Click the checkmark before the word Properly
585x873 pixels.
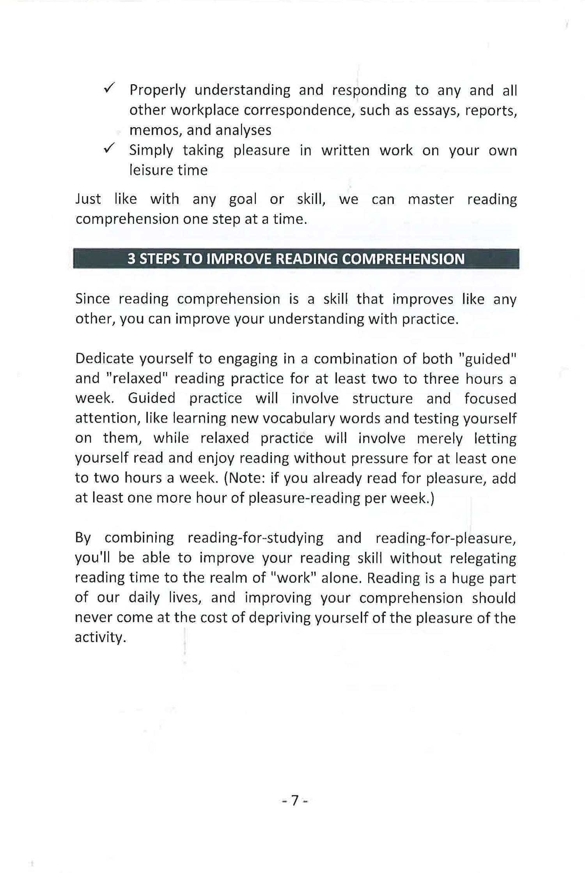coord(109,89)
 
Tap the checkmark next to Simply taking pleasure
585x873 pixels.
coord(109,149)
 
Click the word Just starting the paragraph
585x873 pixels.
coord(88,199)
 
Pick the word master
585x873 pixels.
coord(431,199)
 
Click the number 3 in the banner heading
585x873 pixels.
coord(131,259)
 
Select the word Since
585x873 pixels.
coord(92,299)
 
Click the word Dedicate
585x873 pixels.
coord(103,359)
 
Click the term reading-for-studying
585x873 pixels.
coord(255,538)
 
